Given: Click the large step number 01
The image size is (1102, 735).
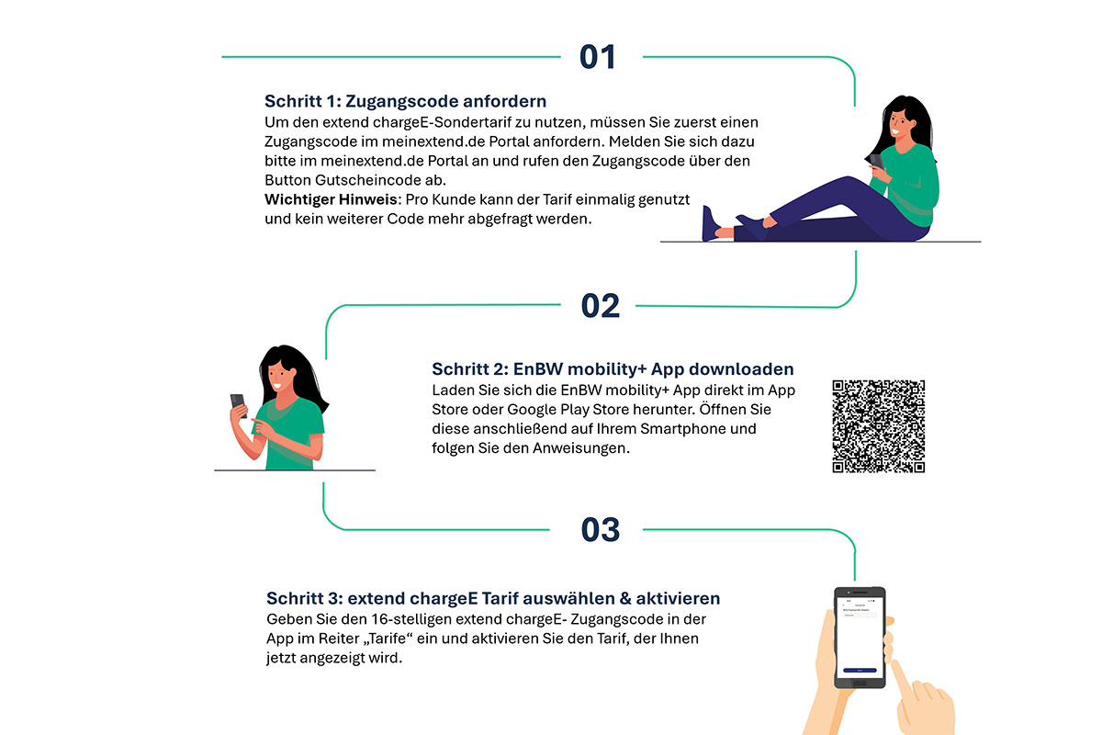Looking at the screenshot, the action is pyautogui.click(x=598, y=57).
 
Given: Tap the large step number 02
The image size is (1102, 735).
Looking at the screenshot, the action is pyautogui.click(x=601, y=306).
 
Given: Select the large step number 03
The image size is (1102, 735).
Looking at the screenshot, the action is pyautogui.click(x=601, y=530).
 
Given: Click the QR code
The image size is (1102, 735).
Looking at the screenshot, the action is pyautogui.click(x=879, y=426).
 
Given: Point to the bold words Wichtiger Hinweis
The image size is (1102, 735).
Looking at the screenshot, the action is pyautogui.click(x=331, y=199).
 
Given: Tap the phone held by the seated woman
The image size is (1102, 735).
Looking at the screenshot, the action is pyautogui.click(x=876, y=161).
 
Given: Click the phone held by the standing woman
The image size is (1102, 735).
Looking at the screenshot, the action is pyautogui.click(x=239, y=405).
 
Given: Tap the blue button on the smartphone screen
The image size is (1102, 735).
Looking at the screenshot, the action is pyautogui.click(x=860, y=670).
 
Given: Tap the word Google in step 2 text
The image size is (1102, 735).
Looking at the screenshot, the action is pyautogui.click(x=533, y=410).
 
